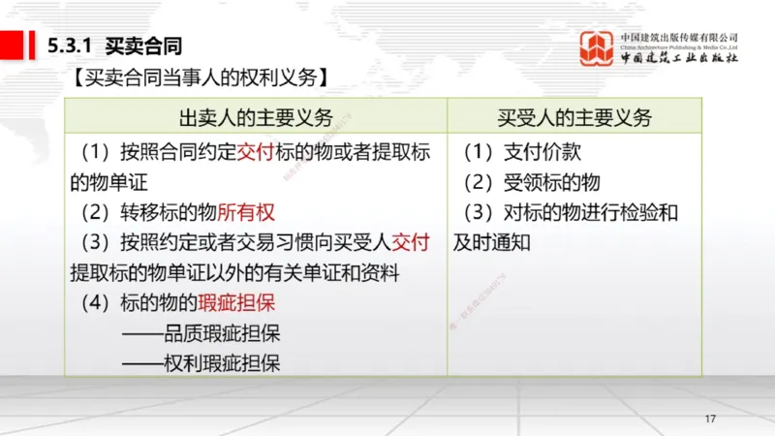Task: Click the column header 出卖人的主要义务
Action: (x=256, y=118)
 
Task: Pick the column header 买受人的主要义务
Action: (x=574, y=118)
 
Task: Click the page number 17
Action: (x=710, y=419)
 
